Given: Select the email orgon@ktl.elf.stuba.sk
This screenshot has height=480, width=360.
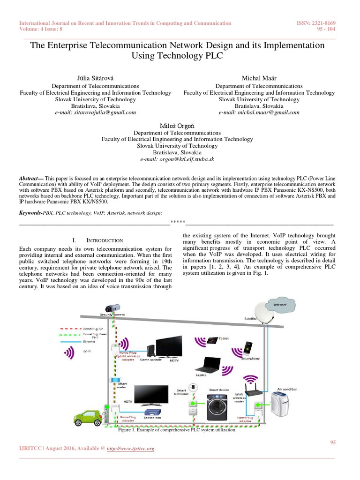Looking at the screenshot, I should [177, 159].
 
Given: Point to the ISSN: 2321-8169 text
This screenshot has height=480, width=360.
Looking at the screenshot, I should [316, 23].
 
